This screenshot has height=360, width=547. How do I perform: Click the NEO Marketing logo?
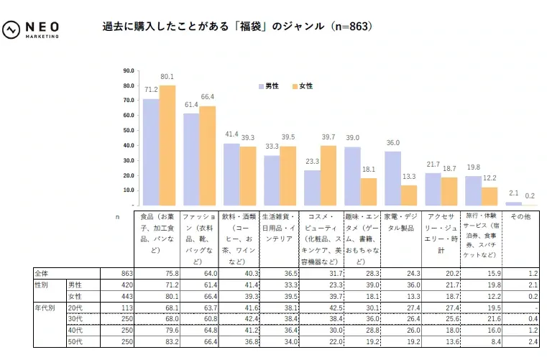click(x=32, y=29)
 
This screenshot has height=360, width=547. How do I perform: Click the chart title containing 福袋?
click(x=238, y=27)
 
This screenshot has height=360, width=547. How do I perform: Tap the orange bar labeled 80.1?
click(x=167, y=145)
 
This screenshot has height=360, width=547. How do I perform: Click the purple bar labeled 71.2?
click(x=151, y=152)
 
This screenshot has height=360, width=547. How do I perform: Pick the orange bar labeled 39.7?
click(x=328, y=175)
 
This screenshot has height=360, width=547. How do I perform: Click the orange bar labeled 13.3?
click(x=409, y=195)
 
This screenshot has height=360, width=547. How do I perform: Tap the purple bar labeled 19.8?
click(x=473, y=190)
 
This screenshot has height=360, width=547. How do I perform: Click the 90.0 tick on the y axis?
click(x=129, y=70)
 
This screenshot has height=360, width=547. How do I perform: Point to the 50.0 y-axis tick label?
click(x=129, y=130)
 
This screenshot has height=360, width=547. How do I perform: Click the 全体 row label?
click(x=42, y=274)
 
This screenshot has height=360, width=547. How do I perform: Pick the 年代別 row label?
click(x=45, y=308)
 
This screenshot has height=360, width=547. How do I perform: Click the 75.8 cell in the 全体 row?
click(x=169, y=274)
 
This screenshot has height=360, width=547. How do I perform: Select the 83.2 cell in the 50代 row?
click(x=169, y=341)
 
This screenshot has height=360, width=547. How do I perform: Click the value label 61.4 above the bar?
click(x=191, y=105)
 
